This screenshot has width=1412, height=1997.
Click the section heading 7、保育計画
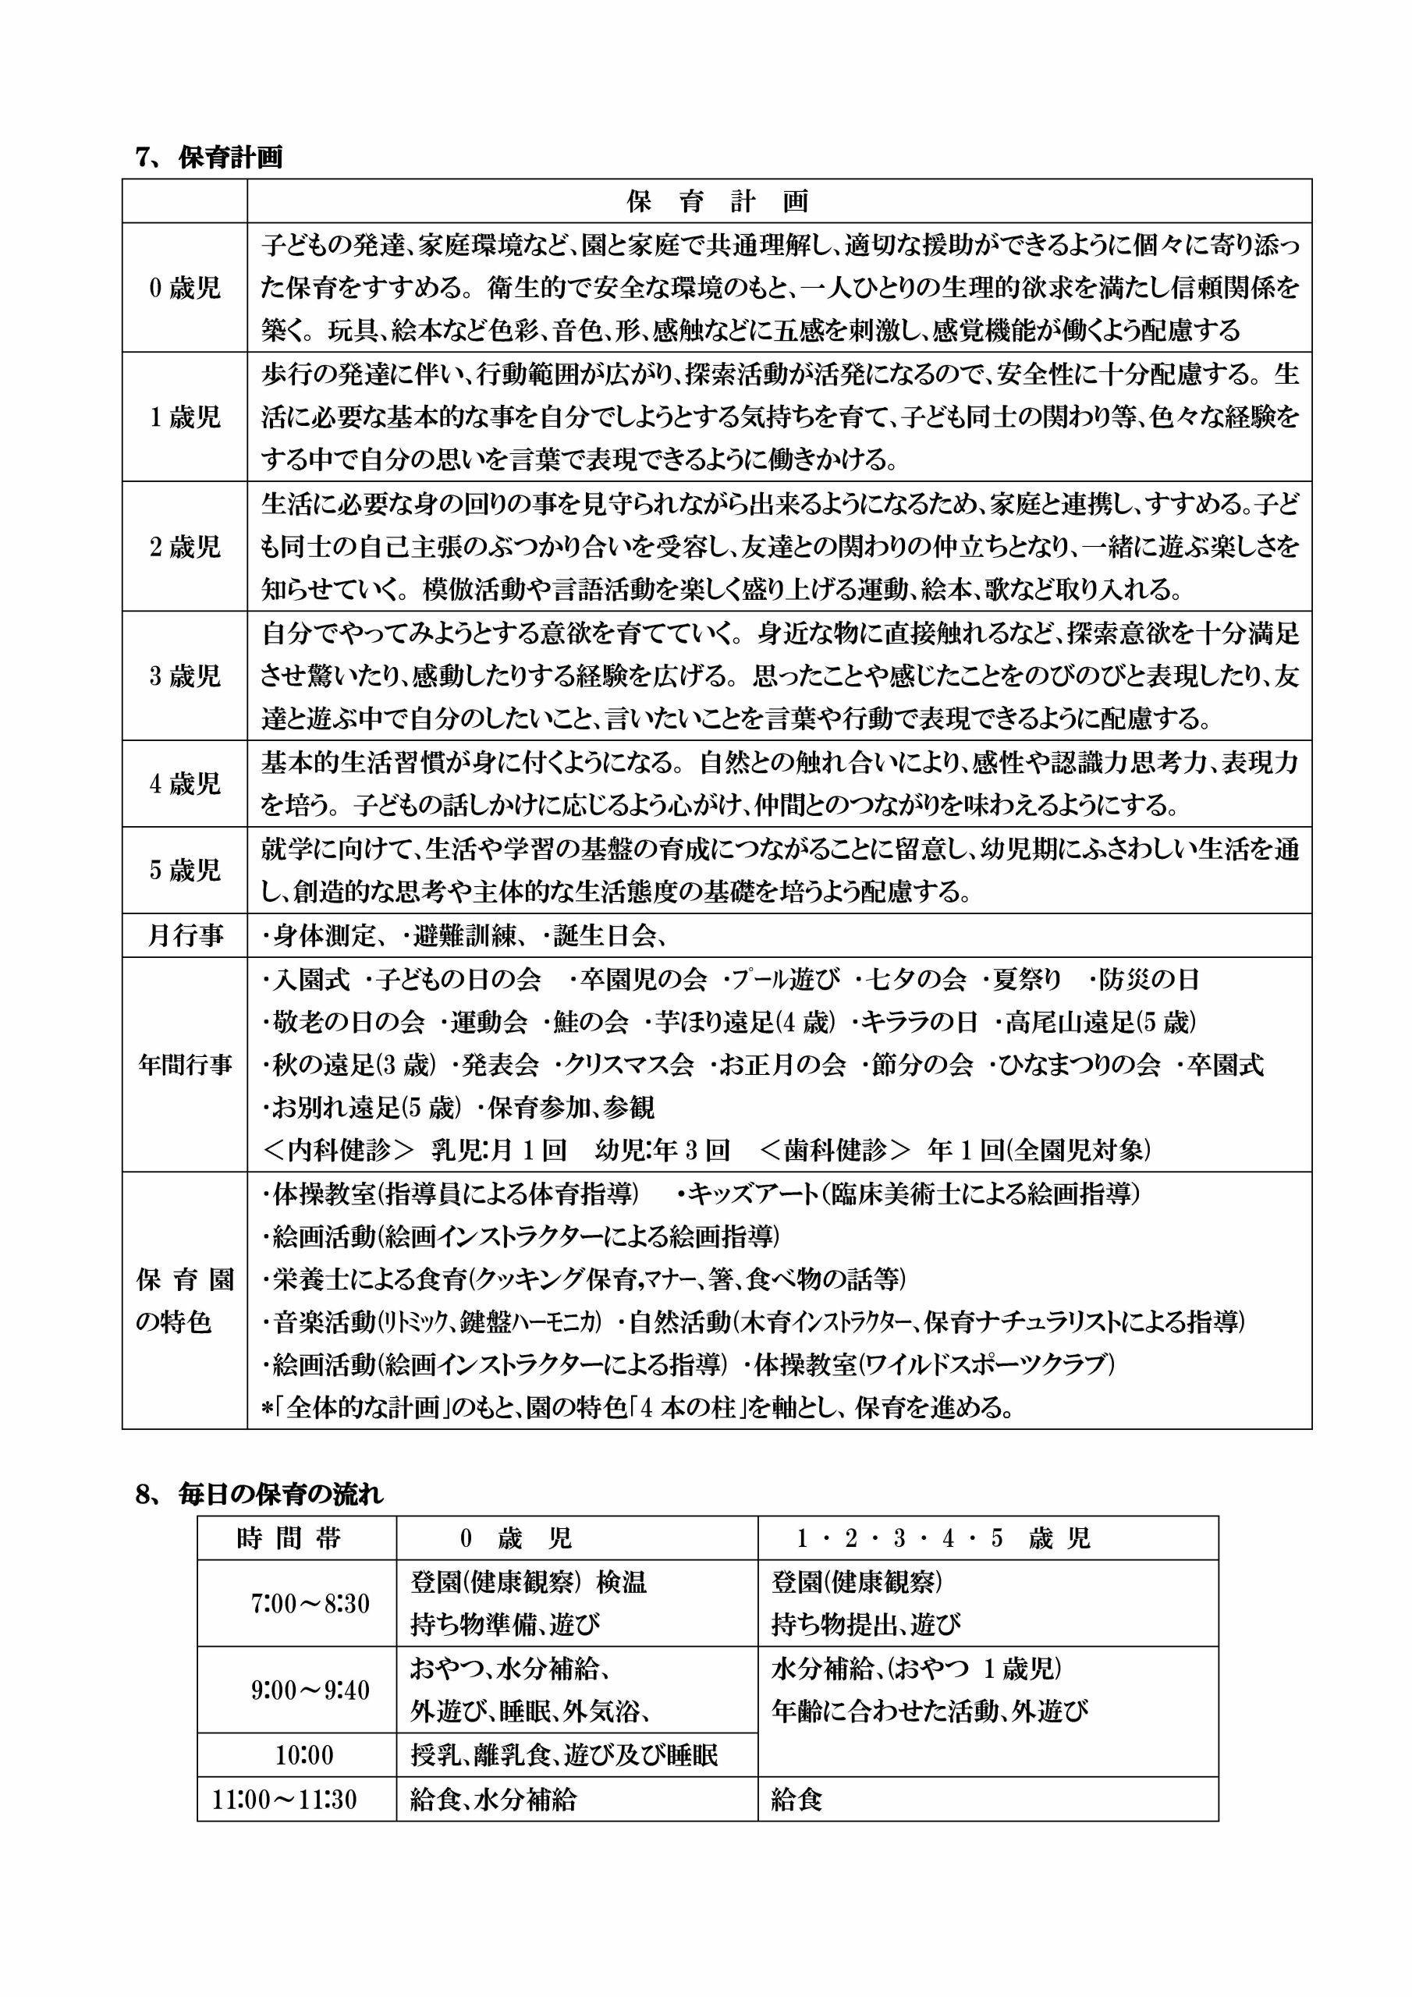coord(210,158)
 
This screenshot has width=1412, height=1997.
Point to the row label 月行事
coord(186,936)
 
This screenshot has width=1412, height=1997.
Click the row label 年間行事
coord(186,1065)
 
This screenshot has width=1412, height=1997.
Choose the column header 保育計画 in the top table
coord(718,202)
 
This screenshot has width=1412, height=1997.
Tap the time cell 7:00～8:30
coord(310,1603)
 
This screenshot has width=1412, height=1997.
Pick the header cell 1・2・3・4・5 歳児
coord(943,1538)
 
